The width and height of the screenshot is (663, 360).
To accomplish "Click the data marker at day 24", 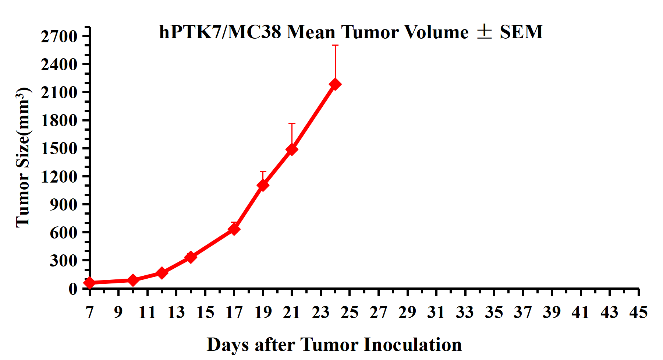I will coord(335,84).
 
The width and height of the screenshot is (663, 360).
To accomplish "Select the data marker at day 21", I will coord(292,149).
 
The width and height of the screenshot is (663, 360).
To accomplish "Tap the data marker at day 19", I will coord(263,185).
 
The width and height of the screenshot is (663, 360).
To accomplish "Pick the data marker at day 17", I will coord(234,229).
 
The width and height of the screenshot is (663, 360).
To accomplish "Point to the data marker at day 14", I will coord(191,257).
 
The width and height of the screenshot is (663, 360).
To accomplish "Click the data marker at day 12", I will coord(162,273).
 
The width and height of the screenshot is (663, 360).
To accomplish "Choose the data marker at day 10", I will coord(133,280).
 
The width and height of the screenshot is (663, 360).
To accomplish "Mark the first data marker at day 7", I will coord(89,283).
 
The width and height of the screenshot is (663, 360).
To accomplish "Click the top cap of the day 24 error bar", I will coord(335,45).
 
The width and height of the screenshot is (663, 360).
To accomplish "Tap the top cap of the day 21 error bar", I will coord(292,124).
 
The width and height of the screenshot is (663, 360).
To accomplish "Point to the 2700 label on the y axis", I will coord(59,36).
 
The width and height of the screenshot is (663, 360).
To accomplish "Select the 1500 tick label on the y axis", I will coord(59,148).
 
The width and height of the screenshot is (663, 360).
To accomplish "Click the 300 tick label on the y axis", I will coord(64,260).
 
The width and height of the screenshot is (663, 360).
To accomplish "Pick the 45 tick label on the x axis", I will coord(638,313).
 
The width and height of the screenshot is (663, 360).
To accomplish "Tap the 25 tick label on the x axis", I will coord(350,313).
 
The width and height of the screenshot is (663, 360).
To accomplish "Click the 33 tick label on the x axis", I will coord(465,313).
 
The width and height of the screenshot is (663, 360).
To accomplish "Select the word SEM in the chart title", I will coord(521,32).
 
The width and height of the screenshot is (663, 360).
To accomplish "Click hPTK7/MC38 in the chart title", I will coord(220,32).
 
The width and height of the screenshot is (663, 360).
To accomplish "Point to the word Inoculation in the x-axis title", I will coord(413,345).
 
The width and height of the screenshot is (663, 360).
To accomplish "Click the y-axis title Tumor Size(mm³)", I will coord(23,158).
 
